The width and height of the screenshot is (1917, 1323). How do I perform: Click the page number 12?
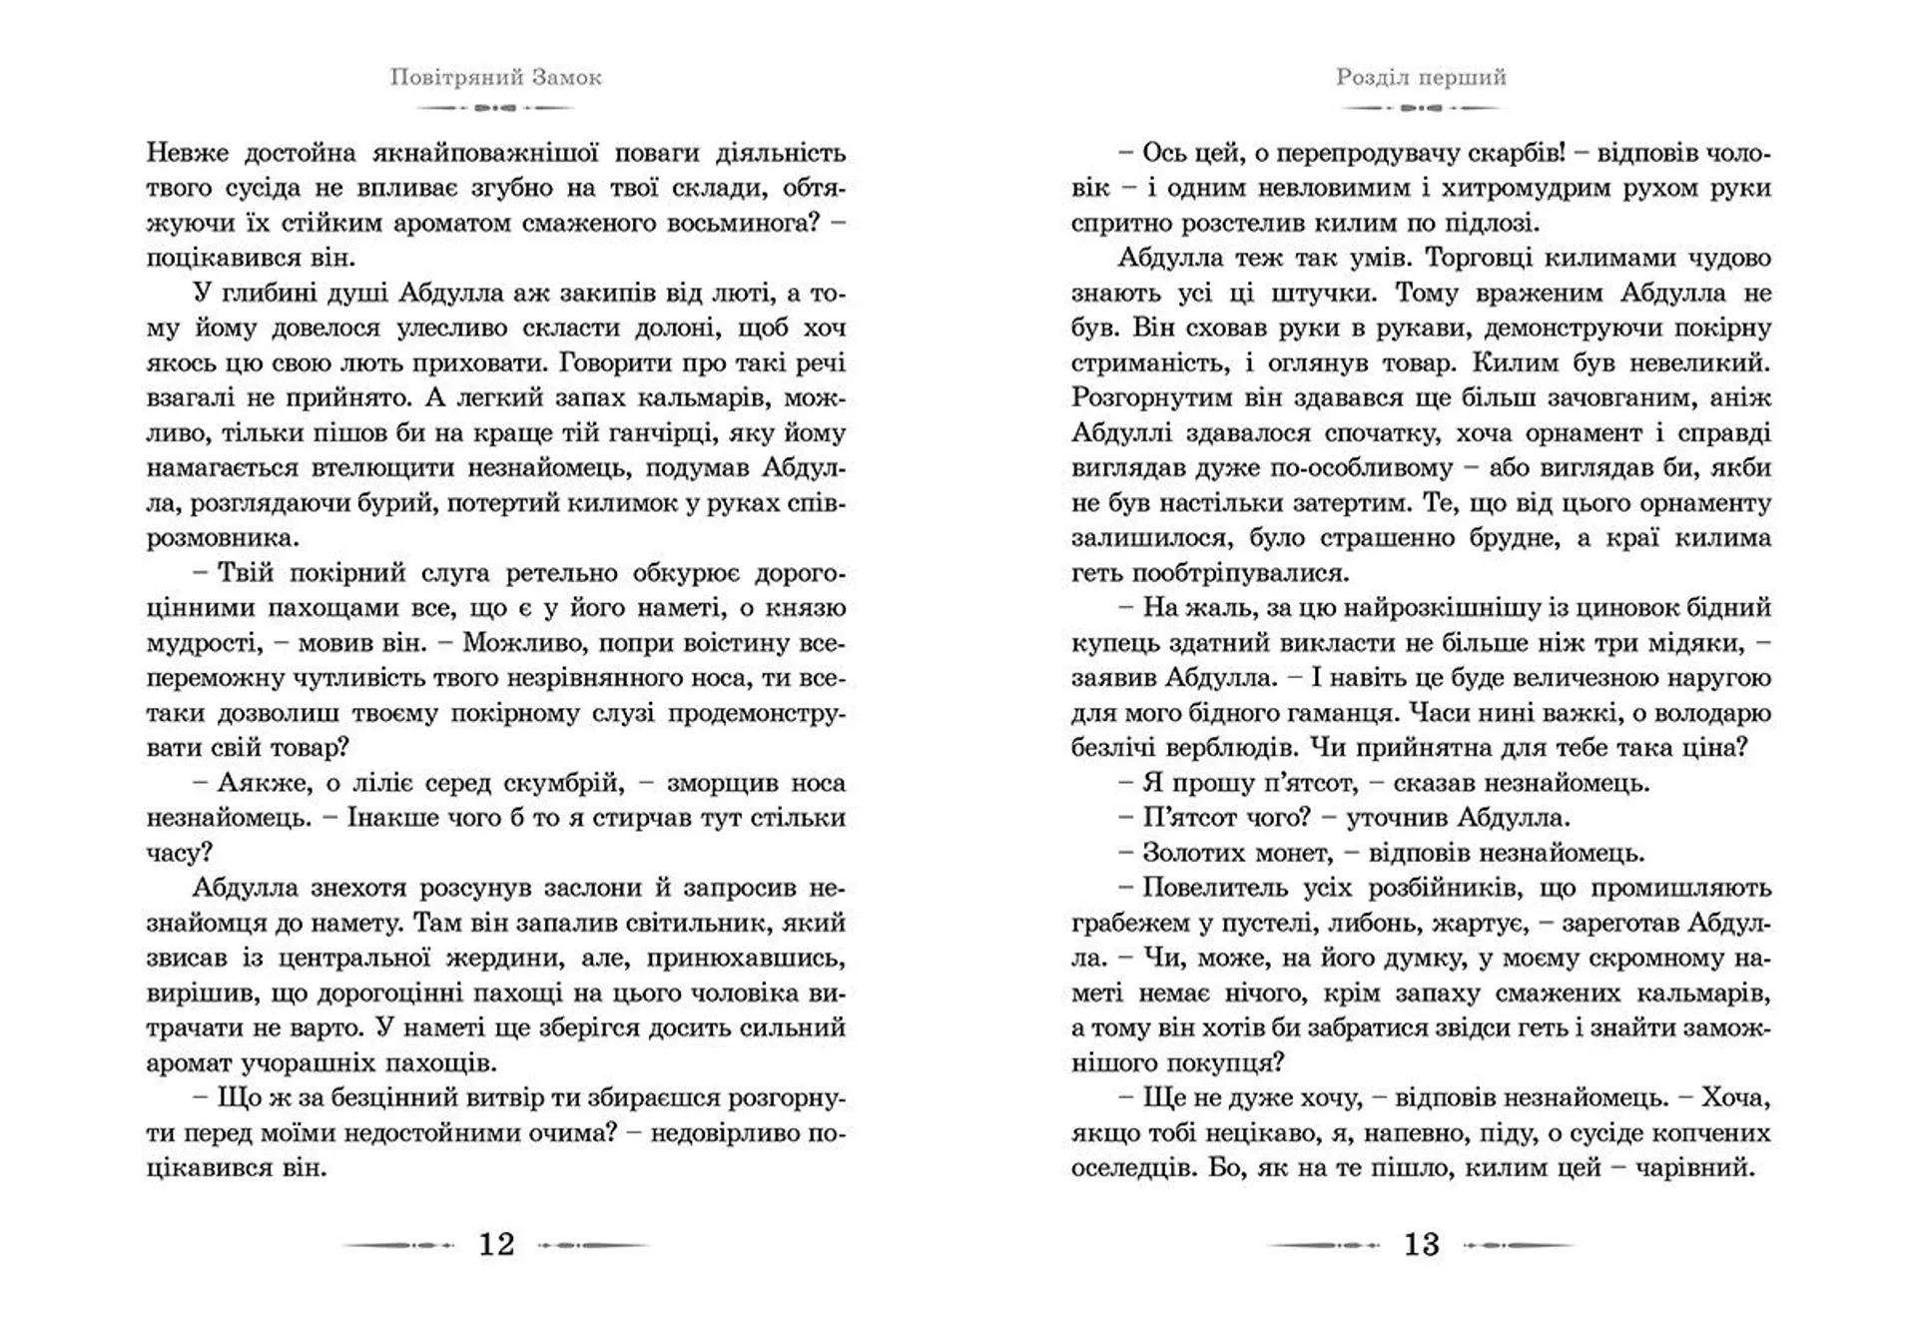[x=496, y=1244]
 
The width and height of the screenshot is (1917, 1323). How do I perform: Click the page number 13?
[x=1422, y=1244]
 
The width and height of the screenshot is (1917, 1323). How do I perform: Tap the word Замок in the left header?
[x=566, y=78]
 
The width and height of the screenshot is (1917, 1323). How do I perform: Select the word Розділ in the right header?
[x=1372, y=78]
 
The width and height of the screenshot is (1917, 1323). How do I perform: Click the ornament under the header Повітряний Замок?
[x=496, y=107]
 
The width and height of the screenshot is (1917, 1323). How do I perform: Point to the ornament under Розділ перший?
[x=1422, y=107]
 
